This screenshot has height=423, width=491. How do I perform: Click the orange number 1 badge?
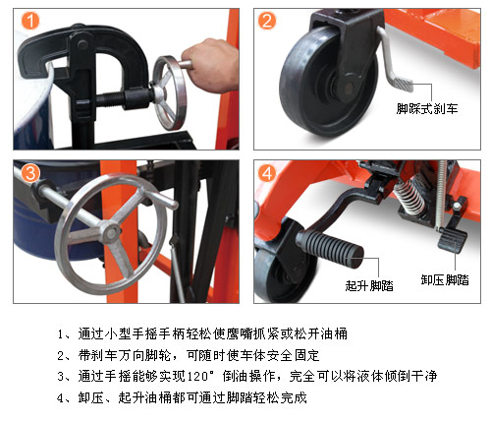pyautogui.click(x=30, y=21)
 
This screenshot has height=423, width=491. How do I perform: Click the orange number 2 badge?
pyautogui.click(x=267, y=21)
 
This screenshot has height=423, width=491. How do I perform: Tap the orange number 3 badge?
pyautogui.click(x=30, y=173)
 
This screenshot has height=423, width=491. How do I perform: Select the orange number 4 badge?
pyautogui.click(x=267, y=173)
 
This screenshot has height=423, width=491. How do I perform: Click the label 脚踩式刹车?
pyautogui.click(x=427, y=109)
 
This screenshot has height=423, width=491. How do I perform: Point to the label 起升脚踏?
pyautogui.click(x=369, y=285)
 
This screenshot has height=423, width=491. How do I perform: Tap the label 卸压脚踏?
pyautogui.click(x=445, y=279)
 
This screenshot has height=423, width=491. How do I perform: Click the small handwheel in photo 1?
pyautogui.click(x=170, y=93)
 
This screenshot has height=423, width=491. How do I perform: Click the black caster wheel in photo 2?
pyautogui.click(x=327, y=82)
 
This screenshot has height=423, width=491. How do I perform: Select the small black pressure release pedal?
pyautogui.click(x=453, y=240)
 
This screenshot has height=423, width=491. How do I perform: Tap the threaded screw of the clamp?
pyautogui.click(x=110, y=100)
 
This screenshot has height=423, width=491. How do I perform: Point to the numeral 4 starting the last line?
pyautogui.click(x=60, y=398)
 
